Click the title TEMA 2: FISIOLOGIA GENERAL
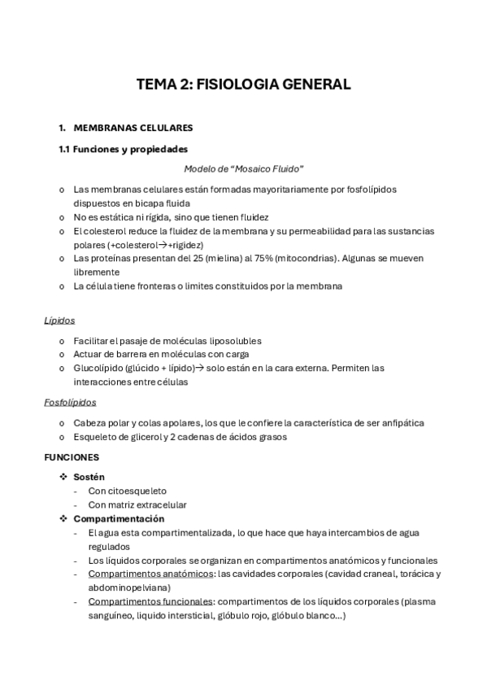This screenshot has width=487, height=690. point(243,85)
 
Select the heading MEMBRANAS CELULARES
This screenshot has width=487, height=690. point(133,128)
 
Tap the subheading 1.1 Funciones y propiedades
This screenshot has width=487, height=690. point(123,149)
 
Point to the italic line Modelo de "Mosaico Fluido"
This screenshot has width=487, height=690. point(243,169)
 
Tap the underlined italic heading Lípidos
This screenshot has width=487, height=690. point(59,321)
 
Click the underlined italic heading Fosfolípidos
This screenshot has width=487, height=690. point(70,402)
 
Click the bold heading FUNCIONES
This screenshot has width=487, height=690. point(72,457)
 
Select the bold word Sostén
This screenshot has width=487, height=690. point(89,477)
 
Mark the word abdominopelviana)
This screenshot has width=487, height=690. point(129,587)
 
